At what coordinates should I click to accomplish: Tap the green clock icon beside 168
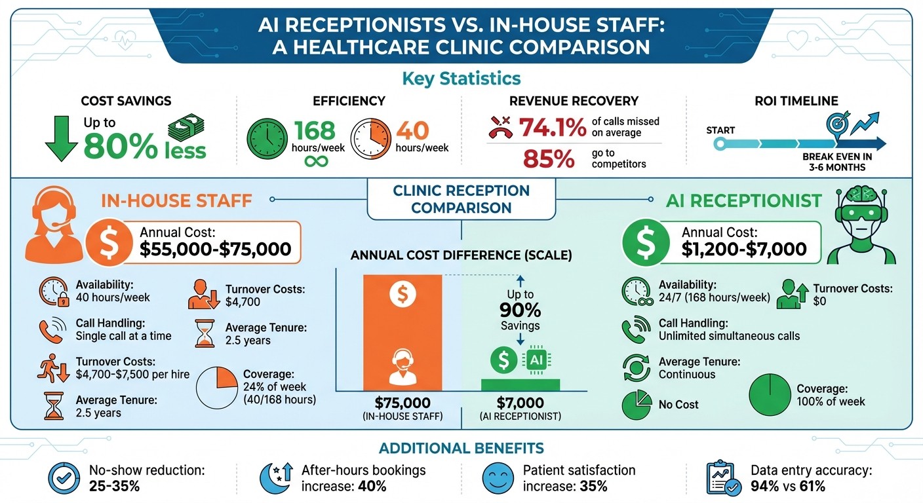[x=266, y=138]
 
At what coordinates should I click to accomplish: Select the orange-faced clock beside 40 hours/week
[x=371, y=138]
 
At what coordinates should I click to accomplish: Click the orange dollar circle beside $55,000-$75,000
[x=109, y=242]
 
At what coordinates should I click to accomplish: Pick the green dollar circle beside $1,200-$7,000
[x=645, y=242]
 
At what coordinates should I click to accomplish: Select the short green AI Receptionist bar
[x=520, y=384]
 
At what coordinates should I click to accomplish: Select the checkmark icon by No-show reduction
[x=64, y=477]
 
